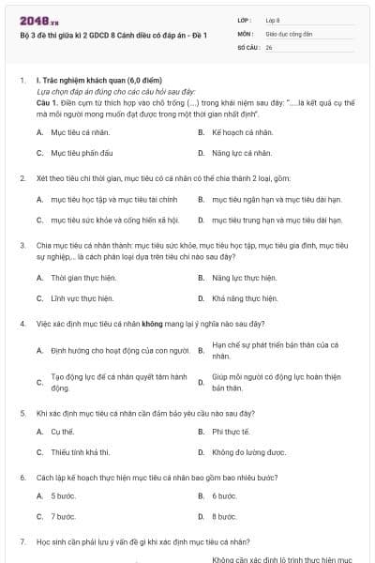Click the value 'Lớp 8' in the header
[x=273, y=20]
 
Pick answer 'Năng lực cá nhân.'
[x=242, y=152]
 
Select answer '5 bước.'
[x=64, y=495]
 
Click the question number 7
[x=22, y=541]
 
